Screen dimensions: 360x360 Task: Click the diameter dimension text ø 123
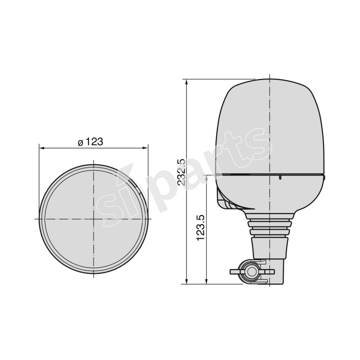pyautogui.click(x=90, y=142)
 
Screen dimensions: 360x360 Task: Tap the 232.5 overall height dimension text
pyautogui.click(x=181, y=172)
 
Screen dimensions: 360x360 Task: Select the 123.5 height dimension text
pyautogui.click(x=201, y=227)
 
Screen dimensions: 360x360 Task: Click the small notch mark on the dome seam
pyautogui.click(x=280, y=178)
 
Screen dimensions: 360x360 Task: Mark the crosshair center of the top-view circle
pyautogui.click(x=94, y=219)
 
